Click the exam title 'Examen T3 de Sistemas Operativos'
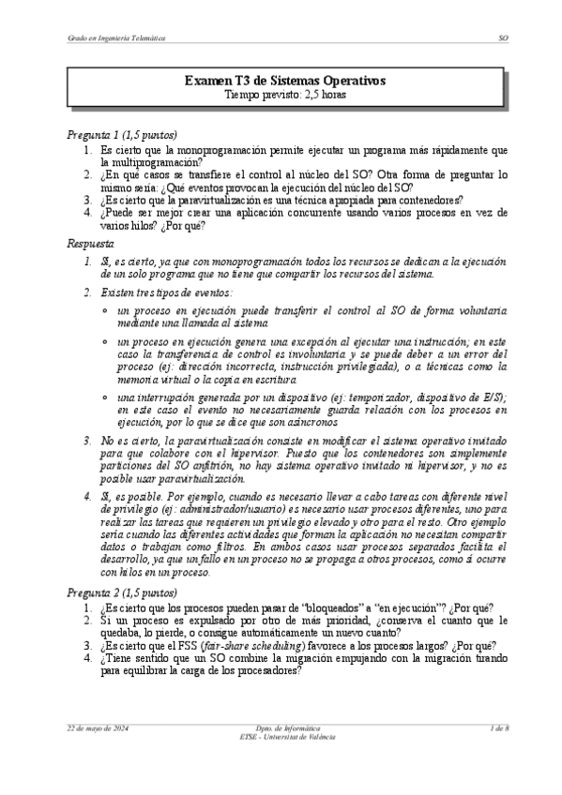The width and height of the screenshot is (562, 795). click(280, 82)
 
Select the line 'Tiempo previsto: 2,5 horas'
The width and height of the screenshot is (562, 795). click(280, 95)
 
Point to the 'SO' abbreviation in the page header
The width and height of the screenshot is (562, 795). click(503, 37)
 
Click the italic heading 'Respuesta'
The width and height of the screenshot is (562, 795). click(91, 244)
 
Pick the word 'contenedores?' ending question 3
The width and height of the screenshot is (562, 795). click(427, 200)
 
